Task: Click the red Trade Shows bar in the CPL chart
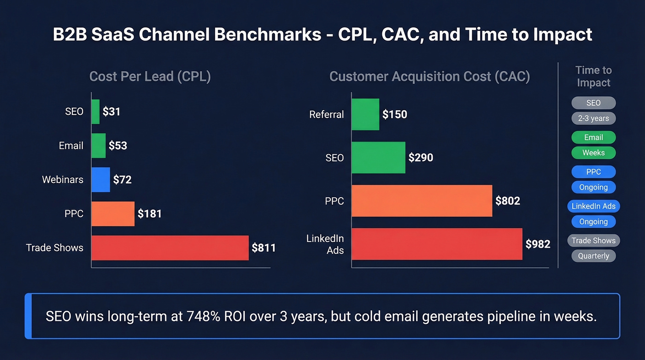170,248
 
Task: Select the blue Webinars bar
100,179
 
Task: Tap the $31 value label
111,112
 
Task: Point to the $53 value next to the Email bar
117,146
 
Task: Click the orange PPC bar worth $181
113,214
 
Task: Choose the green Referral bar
365,114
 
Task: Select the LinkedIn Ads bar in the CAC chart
437,244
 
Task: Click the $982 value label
538,244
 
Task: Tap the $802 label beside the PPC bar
507,201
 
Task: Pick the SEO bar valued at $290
378,158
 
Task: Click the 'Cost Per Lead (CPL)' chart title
150,76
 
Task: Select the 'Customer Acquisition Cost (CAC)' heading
429,76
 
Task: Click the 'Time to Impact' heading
593,77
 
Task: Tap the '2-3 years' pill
593,118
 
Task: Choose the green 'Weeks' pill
593,153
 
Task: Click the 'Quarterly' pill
593,256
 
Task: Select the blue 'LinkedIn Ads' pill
593,206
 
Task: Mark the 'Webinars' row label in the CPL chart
63,179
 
